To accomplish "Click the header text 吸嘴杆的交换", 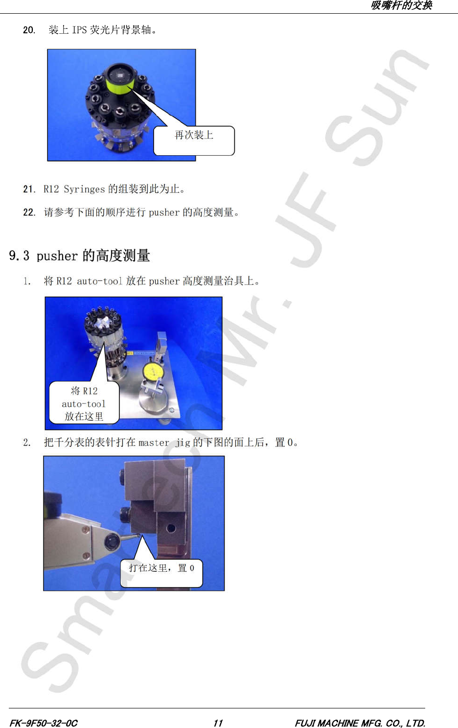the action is pyautogui.click(x=401, y=5).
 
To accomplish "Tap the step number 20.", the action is pyautogui.click(x=28, y=30).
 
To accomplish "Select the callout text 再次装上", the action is pyautogui.click(x=194, y=135).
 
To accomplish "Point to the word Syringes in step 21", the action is pyautogui.click(x=84, y=189).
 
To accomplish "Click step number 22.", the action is pyautogui.click(x=29, y=212).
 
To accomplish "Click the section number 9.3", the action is pyautogui.click(x=19, y=256).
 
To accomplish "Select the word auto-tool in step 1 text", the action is pyautogui.click(x=99, y=281).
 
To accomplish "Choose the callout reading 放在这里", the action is pyautogui.click(x=84, y=416).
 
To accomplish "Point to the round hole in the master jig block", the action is pyautogui.click(x=171, y=528).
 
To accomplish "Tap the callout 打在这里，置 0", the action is pyautogui.click(x=161, y=568).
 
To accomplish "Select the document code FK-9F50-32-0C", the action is pyautogui.click(x=44, y=723).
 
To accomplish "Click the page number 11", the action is pyautogui.click(x=218, y=723).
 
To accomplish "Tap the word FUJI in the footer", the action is pyautogui.click(x=305, y=723).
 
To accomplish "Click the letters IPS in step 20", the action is pyautogui.click(x=79, y=30).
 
